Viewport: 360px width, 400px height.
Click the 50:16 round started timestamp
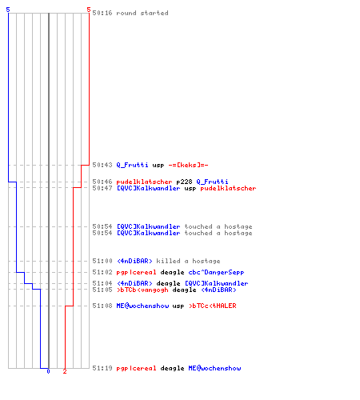coord(102,13)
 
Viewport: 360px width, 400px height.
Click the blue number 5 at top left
coord(8,10)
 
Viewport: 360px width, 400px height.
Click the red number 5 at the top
coord(89,10)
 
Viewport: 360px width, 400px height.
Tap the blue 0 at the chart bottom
coord(48,371)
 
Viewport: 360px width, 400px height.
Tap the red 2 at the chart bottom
coord(65,371)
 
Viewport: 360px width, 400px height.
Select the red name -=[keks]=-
coord(188,165)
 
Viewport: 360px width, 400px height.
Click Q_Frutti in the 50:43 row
coord(132,165)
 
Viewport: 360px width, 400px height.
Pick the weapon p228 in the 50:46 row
coord(184,182)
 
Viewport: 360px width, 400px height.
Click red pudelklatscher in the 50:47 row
coord(228,188)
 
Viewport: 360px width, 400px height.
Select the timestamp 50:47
coord(102,188)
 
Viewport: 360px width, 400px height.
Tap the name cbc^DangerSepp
coord(216,272)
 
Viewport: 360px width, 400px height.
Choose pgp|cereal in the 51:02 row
coord(136,272)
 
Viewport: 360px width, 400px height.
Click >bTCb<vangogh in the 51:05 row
coord(142,290)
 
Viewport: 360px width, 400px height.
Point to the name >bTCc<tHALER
coord(212,306)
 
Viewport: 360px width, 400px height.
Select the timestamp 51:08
coord(102,306)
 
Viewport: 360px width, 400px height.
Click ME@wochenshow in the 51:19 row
coord(214,368)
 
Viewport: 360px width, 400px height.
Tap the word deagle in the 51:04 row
coord(168,283)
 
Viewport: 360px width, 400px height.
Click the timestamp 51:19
coord(102,368)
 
